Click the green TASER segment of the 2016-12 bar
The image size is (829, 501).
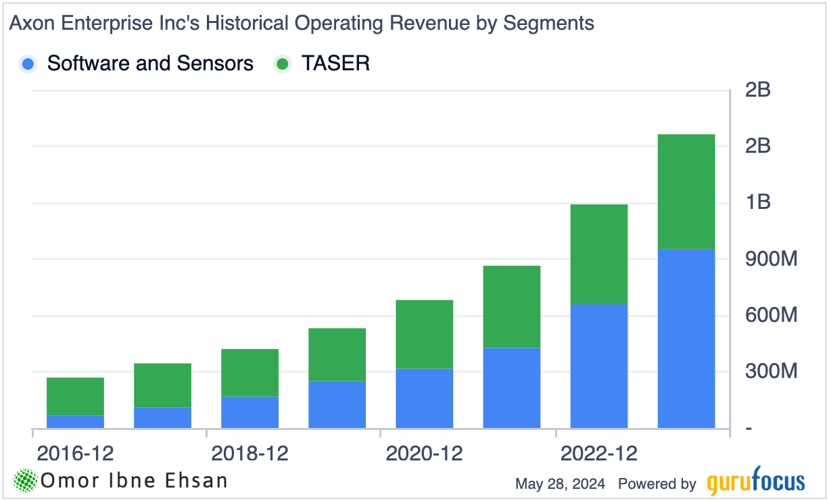point(75,396)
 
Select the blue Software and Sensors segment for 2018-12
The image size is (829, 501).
point(250,412)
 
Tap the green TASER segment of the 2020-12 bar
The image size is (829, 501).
point(424,334)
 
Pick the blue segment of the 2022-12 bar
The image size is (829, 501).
point(598,366)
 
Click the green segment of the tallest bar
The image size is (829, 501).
point(686,191)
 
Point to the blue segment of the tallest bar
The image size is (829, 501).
point(686,338)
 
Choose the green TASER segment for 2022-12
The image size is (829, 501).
point(598,254)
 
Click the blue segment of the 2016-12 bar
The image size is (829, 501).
point(75,421)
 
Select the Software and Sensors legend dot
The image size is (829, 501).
point(28,64)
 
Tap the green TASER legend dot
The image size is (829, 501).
point(282,64)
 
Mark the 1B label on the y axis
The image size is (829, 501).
point(757,202)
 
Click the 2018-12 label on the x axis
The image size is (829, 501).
point(250,453)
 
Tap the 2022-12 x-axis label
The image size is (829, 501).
point(598,453)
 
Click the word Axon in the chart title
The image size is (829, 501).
point(30,23)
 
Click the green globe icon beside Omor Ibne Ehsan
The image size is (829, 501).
point(26,481)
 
